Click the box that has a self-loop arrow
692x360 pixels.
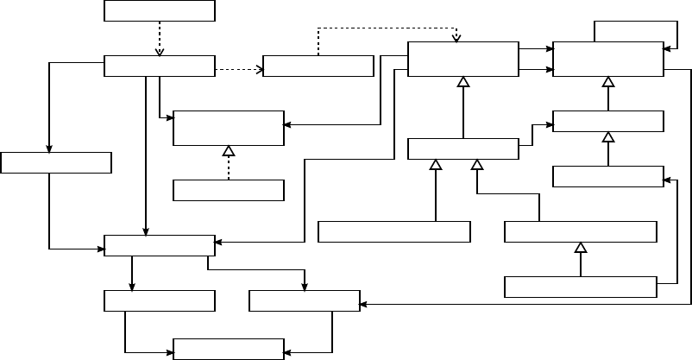(x=607, y=58)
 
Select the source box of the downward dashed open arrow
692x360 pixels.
(x=159, y=10)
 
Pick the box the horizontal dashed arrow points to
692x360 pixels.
(x=318, y=66)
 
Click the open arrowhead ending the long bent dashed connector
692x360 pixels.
(x=456, y=37)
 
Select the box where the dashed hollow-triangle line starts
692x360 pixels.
(x=229, y=190)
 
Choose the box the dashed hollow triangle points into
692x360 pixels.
(x=229, y=128)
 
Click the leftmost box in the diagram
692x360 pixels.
(x=56, y=162)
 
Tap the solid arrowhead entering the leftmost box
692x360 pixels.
(x=49, y=148)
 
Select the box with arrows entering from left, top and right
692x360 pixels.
(x=159, y=245)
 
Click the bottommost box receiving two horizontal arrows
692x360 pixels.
(x=229, y=349)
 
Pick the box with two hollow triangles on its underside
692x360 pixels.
(x=462, y=148)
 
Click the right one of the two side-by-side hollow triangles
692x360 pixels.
(x=476, y=164)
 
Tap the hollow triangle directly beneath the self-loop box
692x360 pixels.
(x=608, y=82)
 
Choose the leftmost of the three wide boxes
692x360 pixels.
(x=393, y=231)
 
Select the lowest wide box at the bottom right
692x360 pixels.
(x=580, y=287)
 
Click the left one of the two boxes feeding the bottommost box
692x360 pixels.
(x=159, y=300)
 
